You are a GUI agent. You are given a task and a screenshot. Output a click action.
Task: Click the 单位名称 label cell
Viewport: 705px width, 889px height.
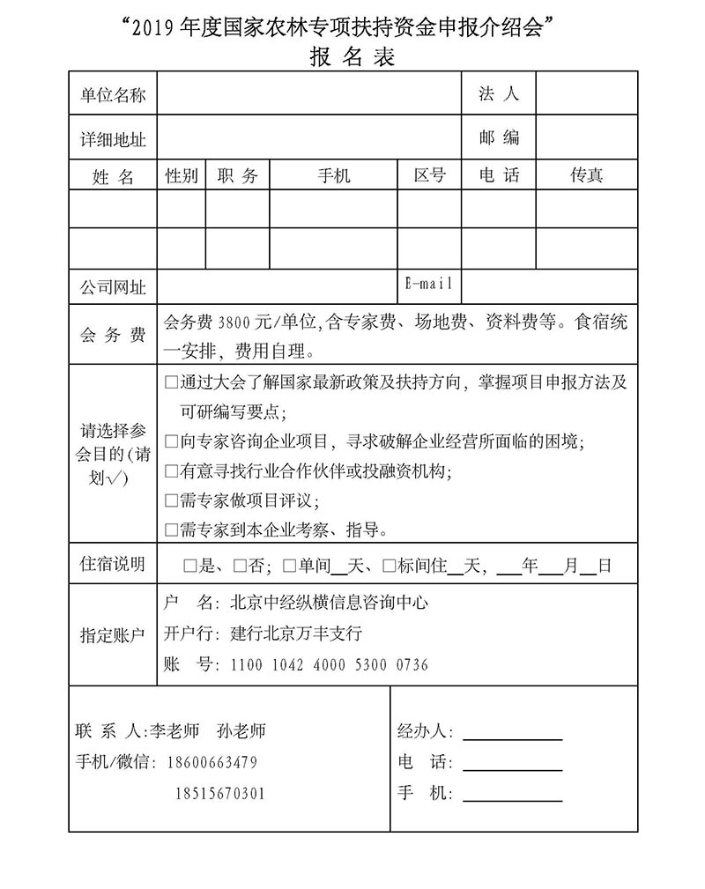point(113,95)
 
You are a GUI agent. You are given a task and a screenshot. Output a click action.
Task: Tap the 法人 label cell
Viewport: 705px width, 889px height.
point(499,93)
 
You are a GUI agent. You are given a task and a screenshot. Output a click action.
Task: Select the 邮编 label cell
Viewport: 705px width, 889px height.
point(499,137)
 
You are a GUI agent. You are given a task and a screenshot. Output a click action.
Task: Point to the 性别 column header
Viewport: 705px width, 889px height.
point(182,175)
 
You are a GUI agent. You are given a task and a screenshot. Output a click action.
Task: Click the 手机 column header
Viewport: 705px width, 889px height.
point(333,175)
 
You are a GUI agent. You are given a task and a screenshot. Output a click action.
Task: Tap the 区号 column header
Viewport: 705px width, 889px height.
point(430,175)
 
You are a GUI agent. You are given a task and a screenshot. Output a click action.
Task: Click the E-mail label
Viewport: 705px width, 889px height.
point(429,284)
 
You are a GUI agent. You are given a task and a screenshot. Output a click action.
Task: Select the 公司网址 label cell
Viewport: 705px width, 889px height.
point(113,287)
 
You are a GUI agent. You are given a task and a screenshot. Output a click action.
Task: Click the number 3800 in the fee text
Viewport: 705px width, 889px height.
point(234,322)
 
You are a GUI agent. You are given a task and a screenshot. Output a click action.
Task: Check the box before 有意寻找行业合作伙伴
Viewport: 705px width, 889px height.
point(172,472)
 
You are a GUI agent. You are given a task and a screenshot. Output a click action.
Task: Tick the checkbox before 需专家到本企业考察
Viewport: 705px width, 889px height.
point(172,530)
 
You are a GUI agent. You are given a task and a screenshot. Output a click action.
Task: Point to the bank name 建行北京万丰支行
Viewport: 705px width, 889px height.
point(296,633)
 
